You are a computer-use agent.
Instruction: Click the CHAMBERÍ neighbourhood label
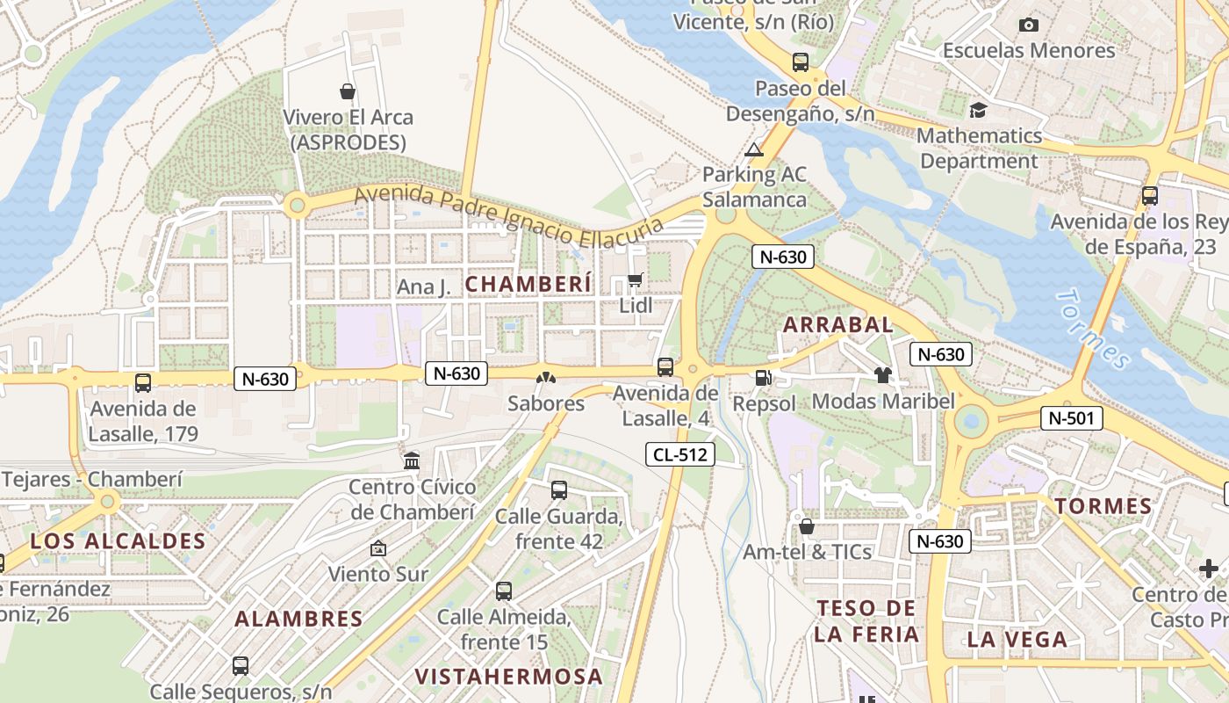coord(528,284)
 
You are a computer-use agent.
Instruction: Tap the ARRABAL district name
coord(837,324)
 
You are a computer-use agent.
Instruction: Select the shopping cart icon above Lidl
coord(636,280)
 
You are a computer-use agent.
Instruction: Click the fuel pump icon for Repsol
coord(764,377)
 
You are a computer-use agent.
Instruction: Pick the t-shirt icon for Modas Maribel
coord(882,375)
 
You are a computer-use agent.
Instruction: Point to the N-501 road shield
coord(1071,418)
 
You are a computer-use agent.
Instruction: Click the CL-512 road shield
coord(680,454)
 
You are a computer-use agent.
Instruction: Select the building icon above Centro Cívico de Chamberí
coord(412,460)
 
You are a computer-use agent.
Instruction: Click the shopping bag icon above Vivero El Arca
coord(348,91)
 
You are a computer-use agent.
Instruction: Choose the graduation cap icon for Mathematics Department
coord(978,110)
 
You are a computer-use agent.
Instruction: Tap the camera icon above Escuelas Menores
coord(1029,25)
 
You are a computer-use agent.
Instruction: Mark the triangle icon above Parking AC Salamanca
coord(754,149)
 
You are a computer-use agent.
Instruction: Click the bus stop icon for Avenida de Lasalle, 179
coord(143,383)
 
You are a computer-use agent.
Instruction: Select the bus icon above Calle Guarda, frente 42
coord(559,490)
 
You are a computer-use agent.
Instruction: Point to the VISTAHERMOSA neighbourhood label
coord(509,677)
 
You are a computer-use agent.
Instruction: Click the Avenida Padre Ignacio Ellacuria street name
coord(509,216)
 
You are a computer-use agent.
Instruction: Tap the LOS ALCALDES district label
coord(118,541)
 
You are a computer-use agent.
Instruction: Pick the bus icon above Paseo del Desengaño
coord(800,62)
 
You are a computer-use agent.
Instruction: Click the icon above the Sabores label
coord(546,378)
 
